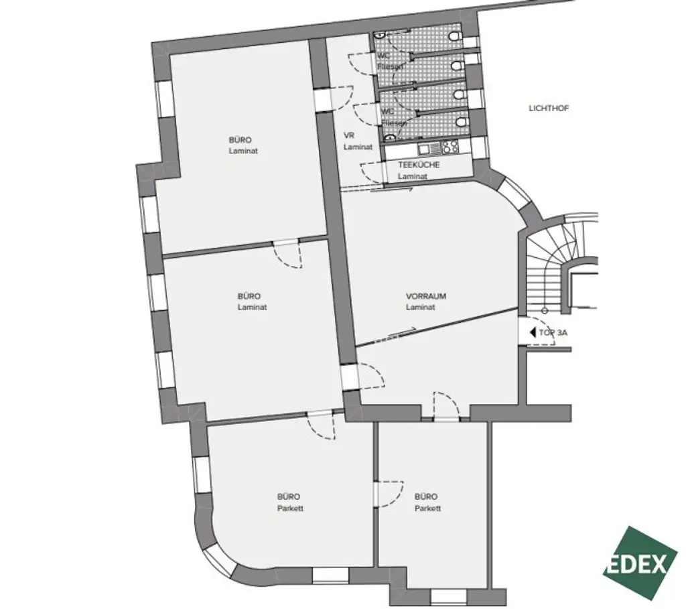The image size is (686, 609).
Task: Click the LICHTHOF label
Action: tap(548, 108)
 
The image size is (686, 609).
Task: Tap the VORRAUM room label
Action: tap(425, 295)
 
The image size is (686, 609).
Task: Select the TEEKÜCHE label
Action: tap(419, 165)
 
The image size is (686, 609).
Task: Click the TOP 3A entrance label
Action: tap(553, 332)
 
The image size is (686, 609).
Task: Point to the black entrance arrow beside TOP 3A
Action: tap(532, 332)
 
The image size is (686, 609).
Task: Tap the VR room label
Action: tap(348, 135)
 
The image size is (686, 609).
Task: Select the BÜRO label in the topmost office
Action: tap(240, 140)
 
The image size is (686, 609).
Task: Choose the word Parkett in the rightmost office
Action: tap(427, 509)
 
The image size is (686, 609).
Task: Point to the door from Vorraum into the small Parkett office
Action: tap(445, 407)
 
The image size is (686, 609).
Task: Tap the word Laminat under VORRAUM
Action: tap(420, 308)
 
